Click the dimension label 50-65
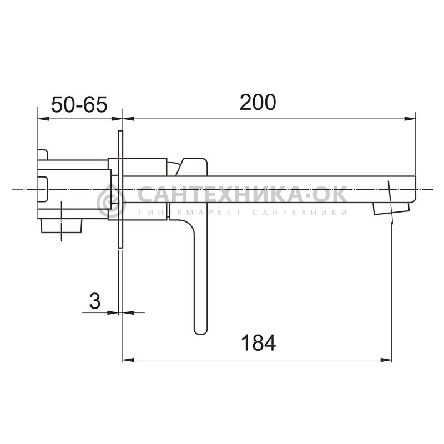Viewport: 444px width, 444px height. coord(79,104)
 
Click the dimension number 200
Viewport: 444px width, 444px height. coord(258,102)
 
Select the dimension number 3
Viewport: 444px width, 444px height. coord(95,301)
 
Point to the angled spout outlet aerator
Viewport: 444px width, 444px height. coord(391,208)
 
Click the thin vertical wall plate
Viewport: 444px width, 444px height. coord(120,189)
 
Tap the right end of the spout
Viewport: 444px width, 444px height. coord(415,189)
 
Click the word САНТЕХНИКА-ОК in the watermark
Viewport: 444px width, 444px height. coord(243,194)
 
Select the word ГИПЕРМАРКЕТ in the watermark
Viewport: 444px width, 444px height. coord(190,213)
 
